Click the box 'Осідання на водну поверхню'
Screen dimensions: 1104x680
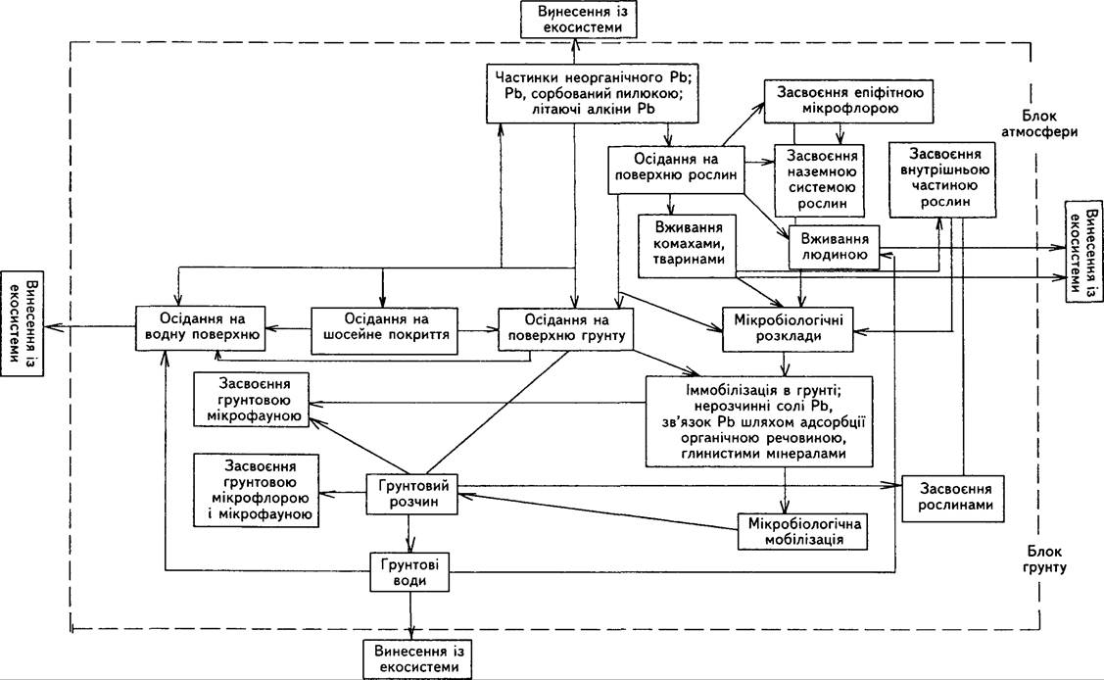point(201,328)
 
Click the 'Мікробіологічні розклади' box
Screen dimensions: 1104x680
point(788,328)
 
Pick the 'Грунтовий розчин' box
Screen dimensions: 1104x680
point(411,494)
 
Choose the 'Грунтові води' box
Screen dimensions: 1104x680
point(409,571)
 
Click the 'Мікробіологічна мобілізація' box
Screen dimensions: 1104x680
point(802,531)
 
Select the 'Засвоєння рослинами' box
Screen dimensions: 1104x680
point(953,497)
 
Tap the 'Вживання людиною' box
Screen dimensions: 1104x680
point(835,247)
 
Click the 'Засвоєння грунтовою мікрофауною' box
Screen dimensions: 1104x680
point(252,401)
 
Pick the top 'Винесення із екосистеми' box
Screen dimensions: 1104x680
point(579,20)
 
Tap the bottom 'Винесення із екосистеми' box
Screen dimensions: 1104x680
point(417,658)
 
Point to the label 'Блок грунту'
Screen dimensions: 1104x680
point(1045,559)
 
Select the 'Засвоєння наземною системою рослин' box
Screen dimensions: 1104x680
point(821,180)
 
